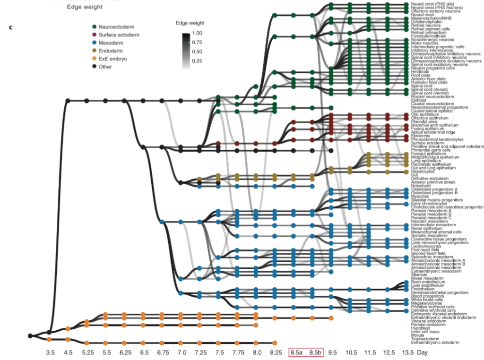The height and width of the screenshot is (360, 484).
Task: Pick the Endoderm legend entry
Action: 111,51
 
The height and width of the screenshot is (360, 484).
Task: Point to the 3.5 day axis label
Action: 50,352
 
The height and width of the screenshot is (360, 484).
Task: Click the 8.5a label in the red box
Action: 297,352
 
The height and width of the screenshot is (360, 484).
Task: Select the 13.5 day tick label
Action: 407,352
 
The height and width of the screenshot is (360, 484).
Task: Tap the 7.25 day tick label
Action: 199,352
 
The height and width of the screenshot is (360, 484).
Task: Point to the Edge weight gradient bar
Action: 186,51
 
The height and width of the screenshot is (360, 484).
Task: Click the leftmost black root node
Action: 30,336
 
